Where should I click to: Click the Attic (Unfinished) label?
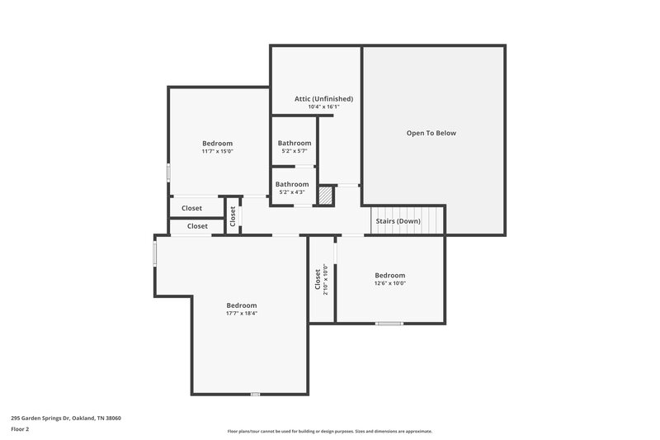[x=318, y=98]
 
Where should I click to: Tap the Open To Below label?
[x=431, y=133]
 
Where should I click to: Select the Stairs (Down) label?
[x=398, y=221]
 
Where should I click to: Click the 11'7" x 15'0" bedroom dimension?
[x=218, y=151]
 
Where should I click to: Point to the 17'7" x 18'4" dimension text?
[x=242, y=313]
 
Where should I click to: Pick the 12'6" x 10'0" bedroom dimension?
[x=389, y=283]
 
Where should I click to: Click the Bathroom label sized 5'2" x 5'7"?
[x=295, y=143]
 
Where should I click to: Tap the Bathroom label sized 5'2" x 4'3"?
[x=292, y=184]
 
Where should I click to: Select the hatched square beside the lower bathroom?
[x=326, y=196]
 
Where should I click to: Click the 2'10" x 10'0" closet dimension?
[x=326, y=279]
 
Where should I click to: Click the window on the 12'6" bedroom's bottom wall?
[x=389, y=323]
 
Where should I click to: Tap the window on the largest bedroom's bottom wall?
[x=255, y=394]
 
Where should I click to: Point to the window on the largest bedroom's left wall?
[x=154, y=253]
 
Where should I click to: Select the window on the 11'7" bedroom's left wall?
[x=169, y=172]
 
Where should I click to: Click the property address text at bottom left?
[x=66, y=418]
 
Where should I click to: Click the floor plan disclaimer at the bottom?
[x=329, y=431]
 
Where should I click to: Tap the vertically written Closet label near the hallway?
[x=233, y=216]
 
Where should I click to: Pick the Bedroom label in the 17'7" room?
[x=242, y=305]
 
